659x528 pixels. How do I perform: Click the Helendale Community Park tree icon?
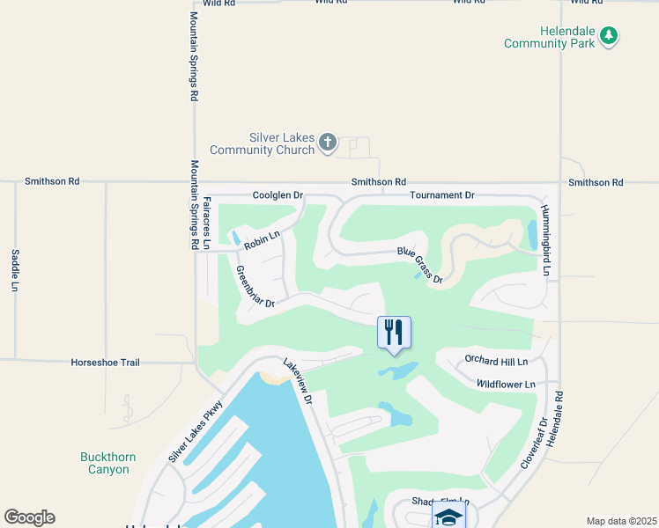coord(608,35)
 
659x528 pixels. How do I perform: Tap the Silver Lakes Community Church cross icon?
coord(328,142)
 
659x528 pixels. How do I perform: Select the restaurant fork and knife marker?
coord(394,332)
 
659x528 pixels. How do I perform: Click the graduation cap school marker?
coord(448,517)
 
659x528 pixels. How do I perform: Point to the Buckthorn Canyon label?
coord(105,463)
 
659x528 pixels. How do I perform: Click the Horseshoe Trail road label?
coord(106,362)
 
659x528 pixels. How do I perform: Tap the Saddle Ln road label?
coord(15,270)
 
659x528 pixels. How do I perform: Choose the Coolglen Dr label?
coord(278,194)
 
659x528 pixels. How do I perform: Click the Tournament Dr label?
coord(442,194)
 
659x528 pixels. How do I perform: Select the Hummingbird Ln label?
coord(546,240)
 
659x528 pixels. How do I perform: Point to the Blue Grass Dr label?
coord(419,265)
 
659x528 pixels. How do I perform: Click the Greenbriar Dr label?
coord(256,287)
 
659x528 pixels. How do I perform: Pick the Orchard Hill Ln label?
coord(496,362)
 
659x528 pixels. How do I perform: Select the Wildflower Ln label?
coord(506,385)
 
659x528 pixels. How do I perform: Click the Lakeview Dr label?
coord(297,381)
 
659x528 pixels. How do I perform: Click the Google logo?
coord(29,517)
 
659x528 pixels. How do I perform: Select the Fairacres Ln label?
coord(206,222)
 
